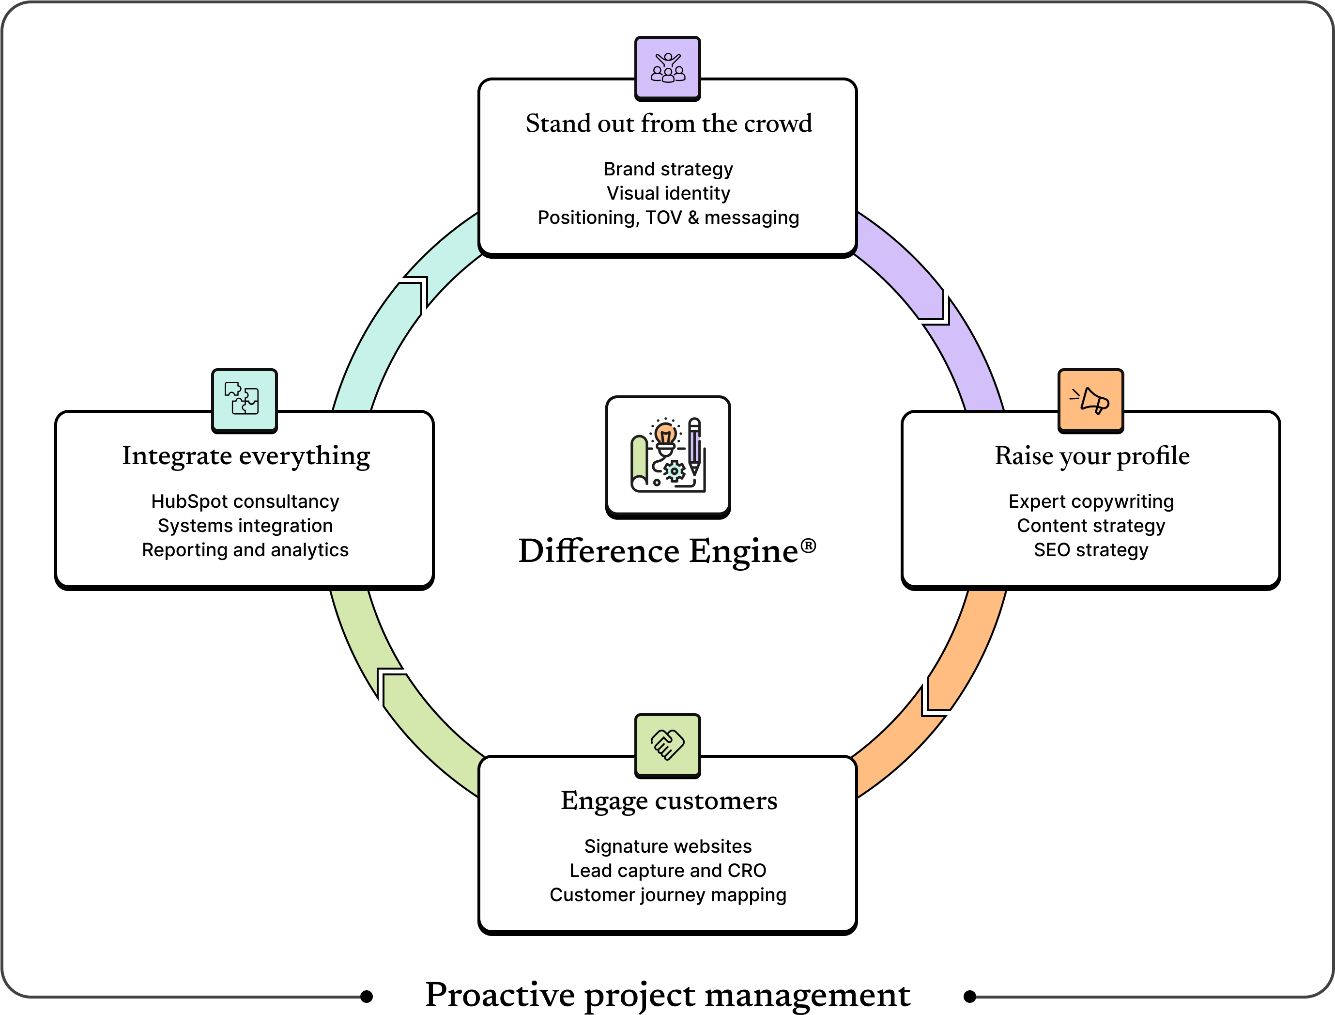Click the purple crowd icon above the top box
pos(667,68)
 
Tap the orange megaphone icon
pos(1090,400)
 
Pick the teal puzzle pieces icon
pos(244,399)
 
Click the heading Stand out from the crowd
pos(668,124)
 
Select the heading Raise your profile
pos(1091,456)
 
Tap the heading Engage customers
pos(668,801)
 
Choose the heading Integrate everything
pos(246,456)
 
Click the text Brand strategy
pos(668,169)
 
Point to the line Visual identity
pos(668,193)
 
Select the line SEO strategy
pos(1090,550)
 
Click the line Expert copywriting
pos(1090,501)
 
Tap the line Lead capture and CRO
pos(668,871)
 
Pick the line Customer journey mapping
pos(668,895)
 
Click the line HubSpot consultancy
pos(245,501)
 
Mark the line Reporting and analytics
pos(245,550)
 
